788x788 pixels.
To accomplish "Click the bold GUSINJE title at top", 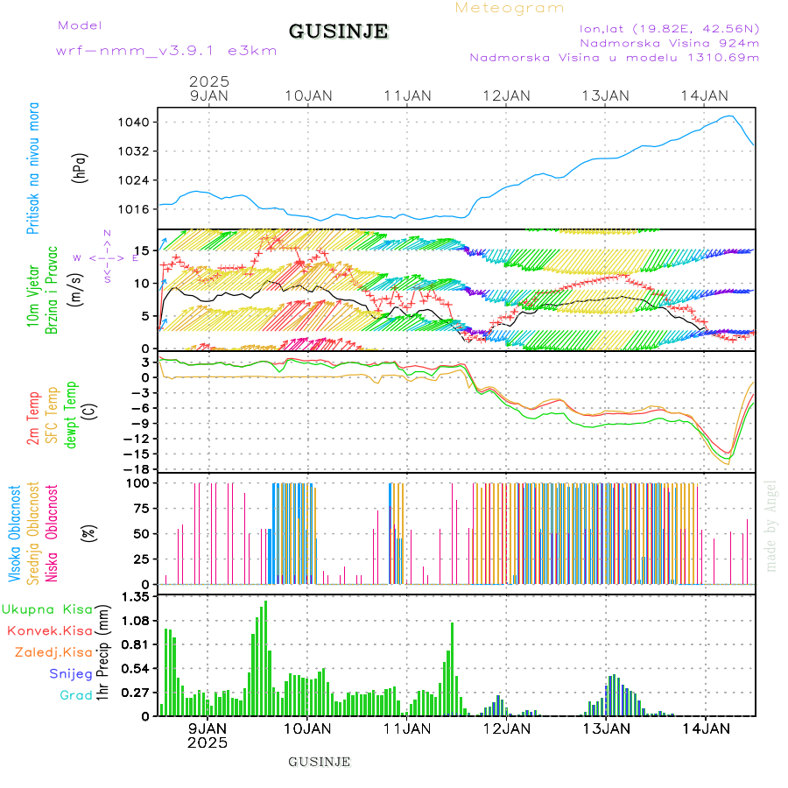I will click(338, 32).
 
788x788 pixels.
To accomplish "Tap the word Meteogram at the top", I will click(510, 8).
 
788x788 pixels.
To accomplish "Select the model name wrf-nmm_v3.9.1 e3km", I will click(166, 51).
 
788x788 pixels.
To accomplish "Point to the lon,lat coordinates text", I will click(663, 27).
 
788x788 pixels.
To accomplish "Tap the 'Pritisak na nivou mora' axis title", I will click(33, 172).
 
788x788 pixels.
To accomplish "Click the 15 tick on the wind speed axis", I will click(144, 250).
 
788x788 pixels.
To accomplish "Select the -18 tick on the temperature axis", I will click(141, 469).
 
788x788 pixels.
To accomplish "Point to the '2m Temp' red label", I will click(33, 419).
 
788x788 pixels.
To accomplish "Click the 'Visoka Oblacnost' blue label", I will click(15, 533).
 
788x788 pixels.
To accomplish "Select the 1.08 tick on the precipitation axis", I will click(136, 620).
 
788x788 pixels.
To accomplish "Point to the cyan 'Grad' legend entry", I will click(75, 696).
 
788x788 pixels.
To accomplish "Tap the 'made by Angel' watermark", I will click(770, 513).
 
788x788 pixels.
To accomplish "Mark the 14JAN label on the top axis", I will click(704, 95).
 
